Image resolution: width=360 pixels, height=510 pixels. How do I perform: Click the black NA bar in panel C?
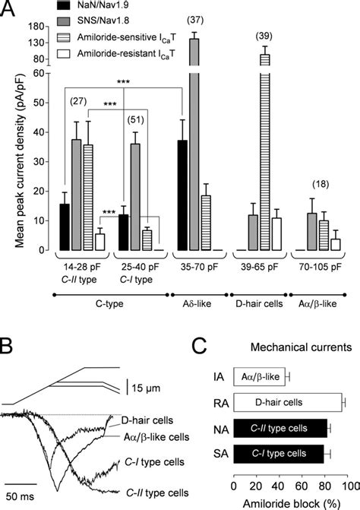(279, 428)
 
